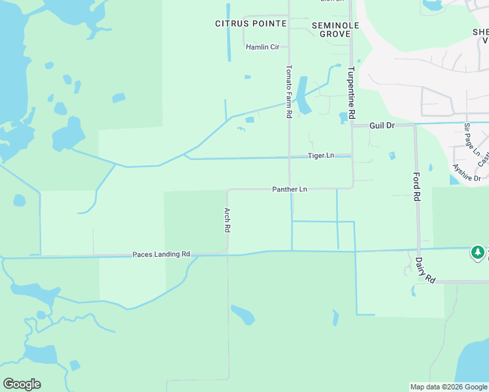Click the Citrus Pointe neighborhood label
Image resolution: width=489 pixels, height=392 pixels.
(251, 24)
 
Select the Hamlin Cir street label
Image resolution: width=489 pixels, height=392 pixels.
(262, 47)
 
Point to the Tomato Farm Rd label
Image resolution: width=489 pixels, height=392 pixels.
(288, 91)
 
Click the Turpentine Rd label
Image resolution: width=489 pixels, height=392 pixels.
(351, 92)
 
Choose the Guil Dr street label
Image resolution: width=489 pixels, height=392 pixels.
(382, 125)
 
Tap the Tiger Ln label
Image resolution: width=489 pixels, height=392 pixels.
(321, 155)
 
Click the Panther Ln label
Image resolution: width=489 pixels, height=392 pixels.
(290, 189)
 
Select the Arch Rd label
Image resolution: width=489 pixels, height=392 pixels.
(227, 220)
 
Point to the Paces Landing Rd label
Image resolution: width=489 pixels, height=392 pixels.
(161, 254)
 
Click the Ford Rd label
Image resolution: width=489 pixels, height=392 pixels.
(416, 187)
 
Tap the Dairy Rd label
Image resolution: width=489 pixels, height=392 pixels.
(425, 269)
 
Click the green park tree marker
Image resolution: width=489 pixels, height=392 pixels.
(478, 252)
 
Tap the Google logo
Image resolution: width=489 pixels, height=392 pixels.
(22, 384)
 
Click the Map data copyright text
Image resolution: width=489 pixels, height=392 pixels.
(448, 387)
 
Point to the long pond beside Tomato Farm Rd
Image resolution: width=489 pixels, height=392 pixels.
(303, 95)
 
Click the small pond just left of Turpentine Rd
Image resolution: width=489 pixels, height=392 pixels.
(343, 118)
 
